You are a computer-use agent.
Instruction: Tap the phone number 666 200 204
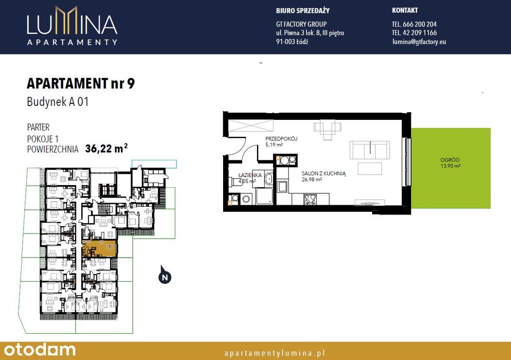coord(419,24)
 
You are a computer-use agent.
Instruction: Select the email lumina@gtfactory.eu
coord(419,42)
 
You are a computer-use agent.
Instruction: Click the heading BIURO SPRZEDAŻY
coord(303,10)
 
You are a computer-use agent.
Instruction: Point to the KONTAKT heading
coord(405,10)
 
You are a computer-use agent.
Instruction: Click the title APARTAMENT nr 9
coord(81,83)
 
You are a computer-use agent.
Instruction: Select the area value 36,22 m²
coord(106,148)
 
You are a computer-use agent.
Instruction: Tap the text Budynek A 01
coord(58,102)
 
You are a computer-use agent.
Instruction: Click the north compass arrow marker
coord(165,275)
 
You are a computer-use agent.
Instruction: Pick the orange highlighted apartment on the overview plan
coord(99,249)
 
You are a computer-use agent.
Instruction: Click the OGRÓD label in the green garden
coord(450,160)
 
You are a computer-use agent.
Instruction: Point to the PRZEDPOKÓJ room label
coord(281,138)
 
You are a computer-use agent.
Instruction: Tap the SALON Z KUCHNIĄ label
coord(323,174)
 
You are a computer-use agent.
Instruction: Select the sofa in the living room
coord(370,150)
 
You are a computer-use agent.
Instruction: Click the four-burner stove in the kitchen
coord(311,199)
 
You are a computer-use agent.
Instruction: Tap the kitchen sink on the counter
coord(282,187)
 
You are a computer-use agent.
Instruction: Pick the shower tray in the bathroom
coord(264,196)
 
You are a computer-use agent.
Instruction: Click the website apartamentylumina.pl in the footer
coord(275,353)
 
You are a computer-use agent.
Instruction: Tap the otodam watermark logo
coord(40,350)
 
